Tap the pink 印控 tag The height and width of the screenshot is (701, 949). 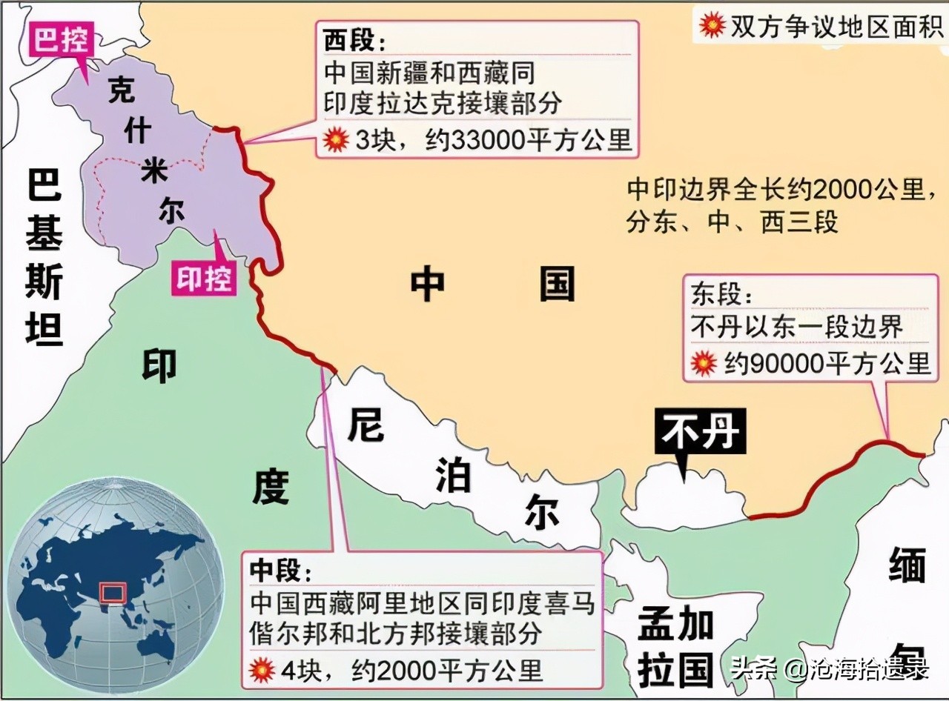(x=204, y=279)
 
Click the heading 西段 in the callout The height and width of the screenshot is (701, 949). (x=350, y=41)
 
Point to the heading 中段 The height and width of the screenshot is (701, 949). (x=276, y=571)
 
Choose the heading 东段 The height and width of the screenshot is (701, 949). (x=717, y=294)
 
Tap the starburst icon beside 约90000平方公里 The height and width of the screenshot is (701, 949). (x=702, y=363)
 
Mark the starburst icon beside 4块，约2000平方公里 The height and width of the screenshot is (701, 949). (x=262, y=671)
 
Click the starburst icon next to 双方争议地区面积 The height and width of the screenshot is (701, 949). (x=711, y=26)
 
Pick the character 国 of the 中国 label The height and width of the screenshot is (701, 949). (x=558, y=283)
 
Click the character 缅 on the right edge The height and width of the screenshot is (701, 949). (x=907, y=568)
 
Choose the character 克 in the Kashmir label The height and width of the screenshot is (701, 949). (x=122, y=90)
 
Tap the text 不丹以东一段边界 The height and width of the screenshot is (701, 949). (x=796, y=327)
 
